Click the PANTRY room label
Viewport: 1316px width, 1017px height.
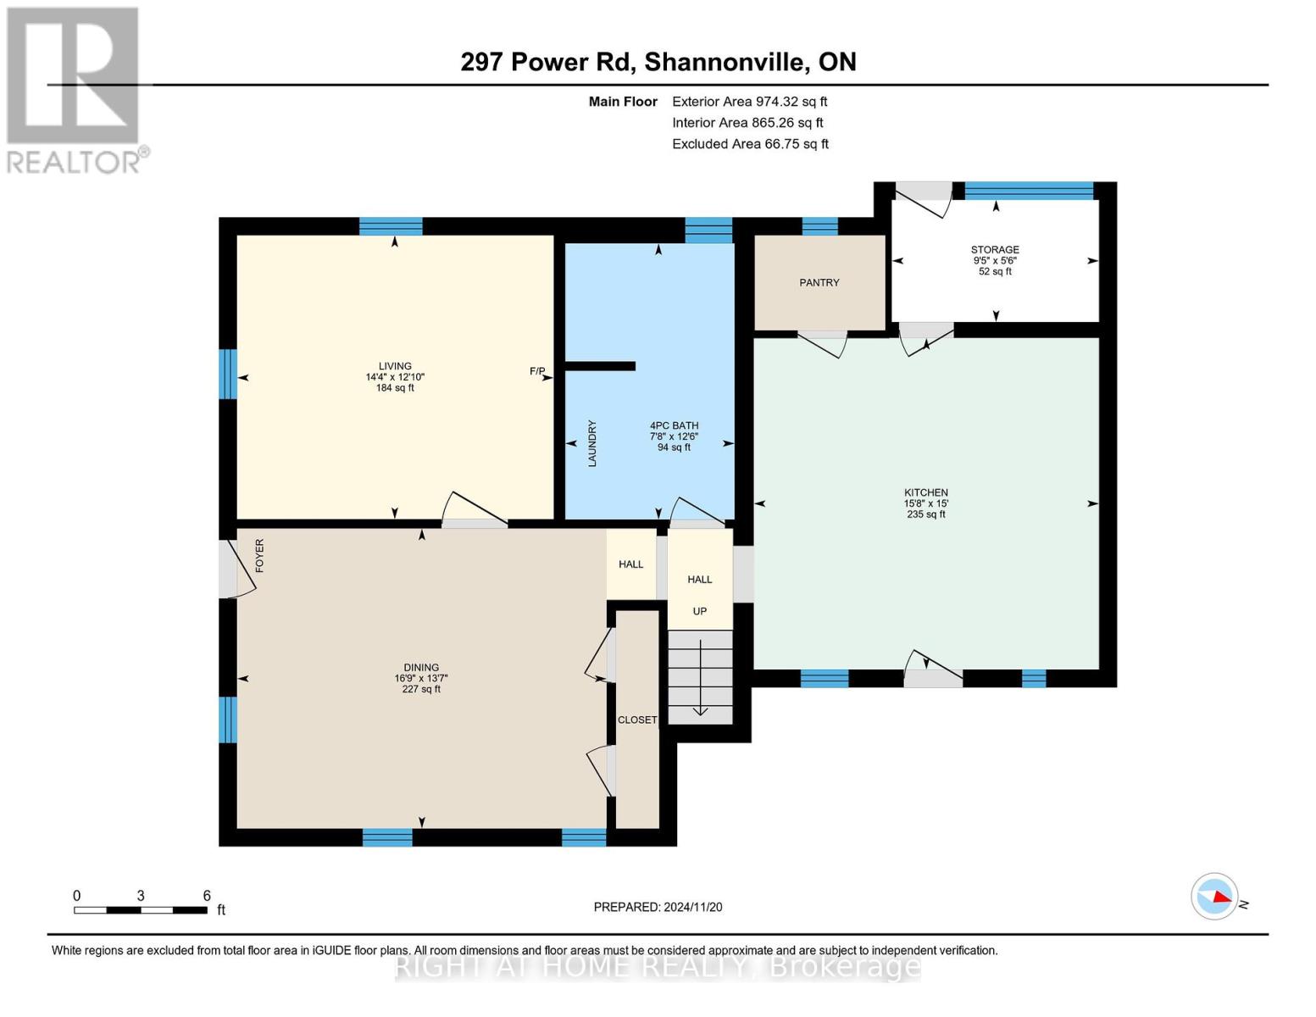coord(819,282)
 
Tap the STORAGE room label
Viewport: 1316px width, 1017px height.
coord(995,249)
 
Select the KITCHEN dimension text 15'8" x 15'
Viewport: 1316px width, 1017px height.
coord(926,503)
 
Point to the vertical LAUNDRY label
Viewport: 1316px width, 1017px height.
coord(592,443)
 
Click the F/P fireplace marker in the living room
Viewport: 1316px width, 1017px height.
coord(537,370)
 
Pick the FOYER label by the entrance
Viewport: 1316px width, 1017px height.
coord(260,555)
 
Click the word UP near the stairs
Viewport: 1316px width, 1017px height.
coord(699,611)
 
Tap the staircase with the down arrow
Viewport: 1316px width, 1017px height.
coord(700,677)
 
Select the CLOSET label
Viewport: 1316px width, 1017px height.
coord(637,720)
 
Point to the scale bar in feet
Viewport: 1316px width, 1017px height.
coord(141,909)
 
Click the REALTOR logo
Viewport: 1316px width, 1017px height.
coord(74,90)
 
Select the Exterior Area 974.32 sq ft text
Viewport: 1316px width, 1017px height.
coord(750,102)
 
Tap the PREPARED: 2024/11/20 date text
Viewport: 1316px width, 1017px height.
coord(658,907)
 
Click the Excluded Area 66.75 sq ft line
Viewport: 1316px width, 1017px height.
coord(750,143)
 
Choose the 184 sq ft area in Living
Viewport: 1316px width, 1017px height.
coord(395,387)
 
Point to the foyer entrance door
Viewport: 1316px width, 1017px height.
coord(236,568)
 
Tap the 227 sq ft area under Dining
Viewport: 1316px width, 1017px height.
coord(421,689)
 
